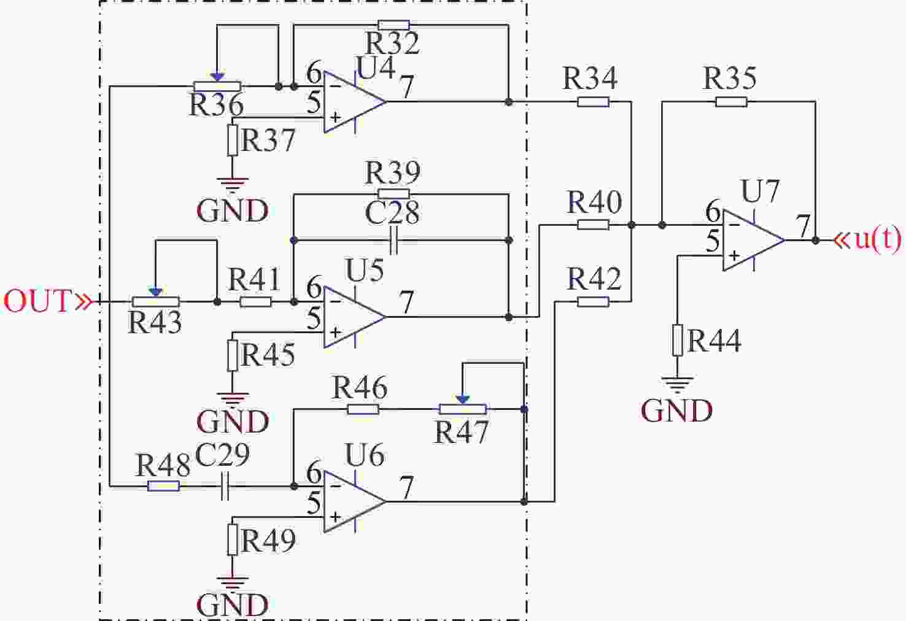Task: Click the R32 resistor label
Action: pos(393,43)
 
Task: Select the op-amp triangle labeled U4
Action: pos(355,102)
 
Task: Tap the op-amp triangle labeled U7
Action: pos(754,240)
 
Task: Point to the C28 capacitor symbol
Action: pos(393,240)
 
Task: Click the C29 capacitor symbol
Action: pos(225,486)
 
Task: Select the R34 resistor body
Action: pos(593,101)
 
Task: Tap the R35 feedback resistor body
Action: pos(731,101)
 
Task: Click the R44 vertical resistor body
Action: pos(678,340)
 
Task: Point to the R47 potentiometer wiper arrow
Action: pos(463,399)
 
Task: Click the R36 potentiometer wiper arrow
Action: pos(217,77)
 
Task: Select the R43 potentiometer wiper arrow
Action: pos(156,292)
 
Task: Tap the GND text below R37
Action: pos(233,210)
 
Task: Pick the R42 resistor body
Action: pos(593,302)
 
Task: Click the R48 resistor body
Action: pos(163,486)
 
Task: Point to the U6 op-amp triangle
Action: pos(355,502)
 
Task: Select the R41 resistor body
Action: pos(255,302)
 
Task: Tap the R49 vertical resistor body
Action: pos(232,539)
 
